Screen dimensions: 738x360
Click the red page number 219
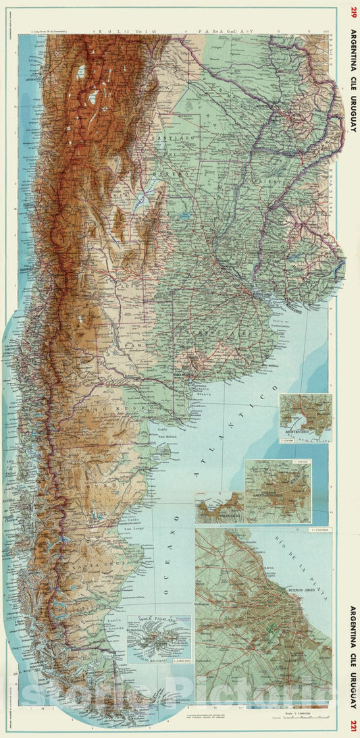[353, 11]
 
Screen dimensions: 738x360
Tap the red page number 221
[353, 726]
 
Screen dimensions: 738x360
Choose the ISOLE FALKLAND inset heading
[157, 620]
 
